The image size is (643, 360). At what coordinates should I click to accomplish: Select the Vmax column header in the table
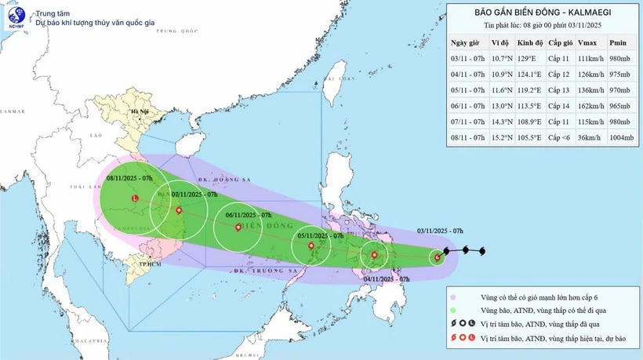tap(585, 42)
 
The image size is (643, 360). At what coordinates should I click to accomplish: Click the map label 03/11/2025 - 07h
tap(440, 231)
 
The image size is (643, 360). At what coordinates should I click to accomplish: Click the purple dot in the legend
tap(454, 297)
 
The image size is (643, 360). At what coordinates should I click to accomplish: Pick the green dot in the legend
tap(454, 311)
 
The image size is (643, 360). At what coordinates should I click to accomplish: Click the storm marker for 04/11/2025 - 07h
tap(375, 255)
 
